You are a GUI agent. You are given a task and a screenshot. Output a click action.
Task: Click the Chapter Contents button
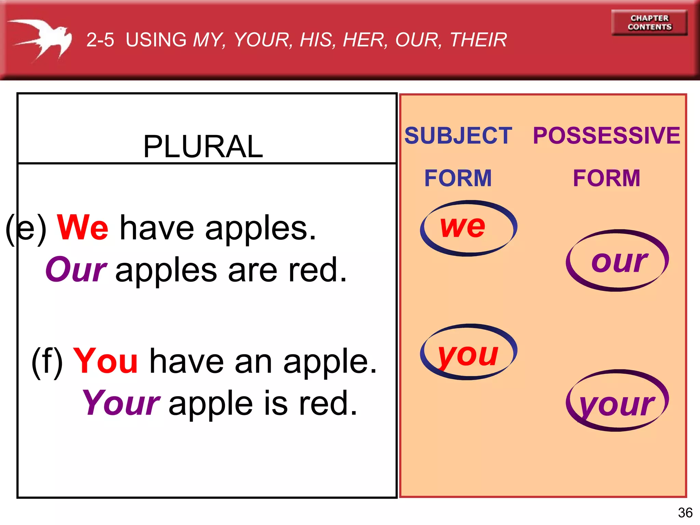pyautogui.click(x=649, y=23)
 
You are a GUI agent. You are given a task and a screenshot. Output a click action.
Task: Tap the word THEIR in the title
pyautogui.click(x=478, y=40)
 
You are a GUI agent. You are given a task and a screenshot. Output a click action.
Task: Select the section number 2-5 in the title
pyautogui.click(x=100, y=40)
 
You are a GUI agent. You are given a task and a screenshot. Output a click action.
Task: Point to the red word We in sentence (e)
pyautogui.click(x=82, y=227)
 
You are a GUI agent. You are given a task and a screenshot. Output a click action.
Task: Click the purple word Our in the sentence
pyautogui.click(x=76, y=270)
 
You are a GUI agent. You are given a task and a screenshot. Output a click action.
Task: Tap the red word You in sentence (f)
pyautogui.click(x=105, y=361)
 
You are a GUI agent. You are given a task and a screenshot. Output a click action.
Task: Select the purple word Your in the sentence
pyautogui.click(x=121, y=403)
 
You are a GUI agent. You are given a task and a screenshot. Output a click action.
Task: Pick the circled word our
pyautogui.click(x=619, y=261)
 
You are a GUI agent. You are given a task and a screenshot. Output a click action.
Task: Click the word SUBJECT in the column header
pyautogui.click(x=458, y=135)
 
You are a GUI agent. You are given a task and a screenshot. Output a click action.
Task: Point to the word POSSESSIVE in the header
pyautogui.click(x=606, y=135)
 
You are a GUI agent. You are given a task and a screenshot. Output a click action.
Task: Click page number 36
pyautogui.click(x=685, y=513)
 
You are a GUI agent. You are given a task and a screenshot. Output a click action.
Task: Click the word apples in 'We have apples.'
pyautogui.click(x=260, y=228)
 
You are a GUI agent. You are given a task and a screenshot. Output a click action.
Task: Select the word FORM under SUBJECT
pyautogui.click(x=458, y=178)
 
